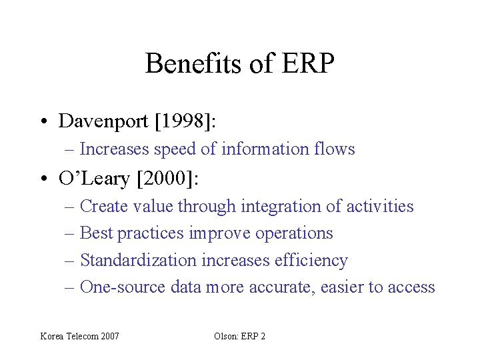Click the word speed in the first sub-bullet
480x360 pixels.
175,149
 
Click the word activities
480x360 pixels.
380,207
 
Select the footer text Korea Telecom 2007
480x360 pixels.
80,336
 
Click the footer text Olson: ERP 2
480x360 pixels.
239,336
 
